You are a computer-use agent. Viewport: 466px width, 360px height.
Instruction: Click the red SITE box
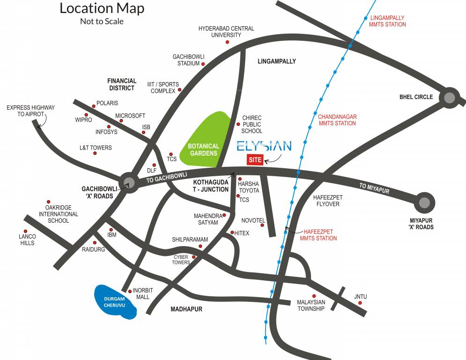click(255, 160)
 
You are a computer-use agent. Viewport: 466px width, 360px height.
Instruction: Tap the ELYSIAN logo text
click(264, 146)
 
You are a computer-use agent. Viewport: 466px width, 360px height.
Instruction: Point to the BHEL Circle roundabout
click(449, 97)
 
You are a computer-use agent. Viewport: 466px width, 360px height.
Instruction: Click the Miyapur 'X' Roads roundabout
click(424, 202)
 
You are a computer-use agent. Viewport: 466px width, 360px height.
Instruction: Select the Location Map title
click(102, 8)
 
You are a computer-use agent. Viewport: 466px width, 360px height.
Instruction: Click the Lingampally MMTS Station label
click(387, 21)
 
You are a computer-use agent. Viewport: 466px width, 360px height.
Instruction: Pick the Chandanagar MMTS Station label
click(337, 120)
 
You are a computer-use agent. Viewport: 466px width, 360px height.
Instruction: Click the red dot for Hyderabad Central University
click(228, 42)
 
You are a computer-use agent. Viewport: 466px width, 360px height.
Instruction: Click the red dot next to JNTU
click(360, 303)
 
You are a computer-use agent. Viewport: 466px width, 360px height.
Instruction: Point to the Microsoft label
click(130, 116)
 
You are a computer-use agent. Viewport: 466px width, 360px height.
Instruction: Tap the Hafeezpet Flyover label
click(326, 201)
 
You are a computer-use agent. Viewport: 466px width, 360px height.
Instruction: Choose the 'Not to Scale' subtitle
click(102, 21)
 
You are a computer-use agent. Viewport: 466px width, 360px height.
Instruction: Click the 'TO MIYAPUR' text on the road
click(374, 189)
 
